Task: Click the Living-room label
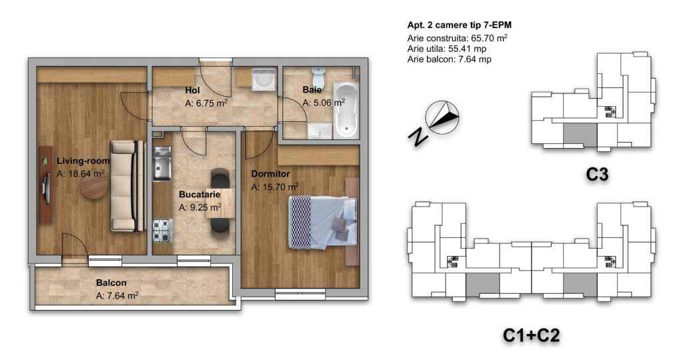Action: tap(83, 161)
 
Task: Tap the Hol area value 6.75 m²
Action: tap(206, 103)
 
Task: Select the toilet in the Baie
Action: tap(319, 77)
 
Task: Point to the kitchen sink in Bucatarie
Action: tap(162, 163)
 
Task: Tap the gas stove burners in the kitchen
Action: tap(163, 230)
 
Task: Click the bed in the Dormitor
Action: tap(322, 222)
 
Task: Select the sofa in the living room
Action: tap(127, 186)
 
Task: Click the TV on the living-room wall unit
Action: tap(46, 189)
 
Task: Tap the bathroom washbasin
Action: tap(319, 131)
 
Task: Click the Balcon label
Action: tap(111, 283)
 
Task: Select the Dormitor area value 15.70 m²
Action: tap(275, 187)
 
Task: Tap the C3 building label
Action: tap(597, 174)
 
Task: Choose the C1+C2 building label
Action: tap(531, 335)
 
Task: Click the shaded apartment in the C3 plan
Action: tap(580, 133)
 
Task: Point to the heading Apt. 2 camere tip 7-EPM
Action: tap(459, 25)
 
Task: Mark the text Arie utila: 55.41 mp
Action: tap(446, 49)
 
